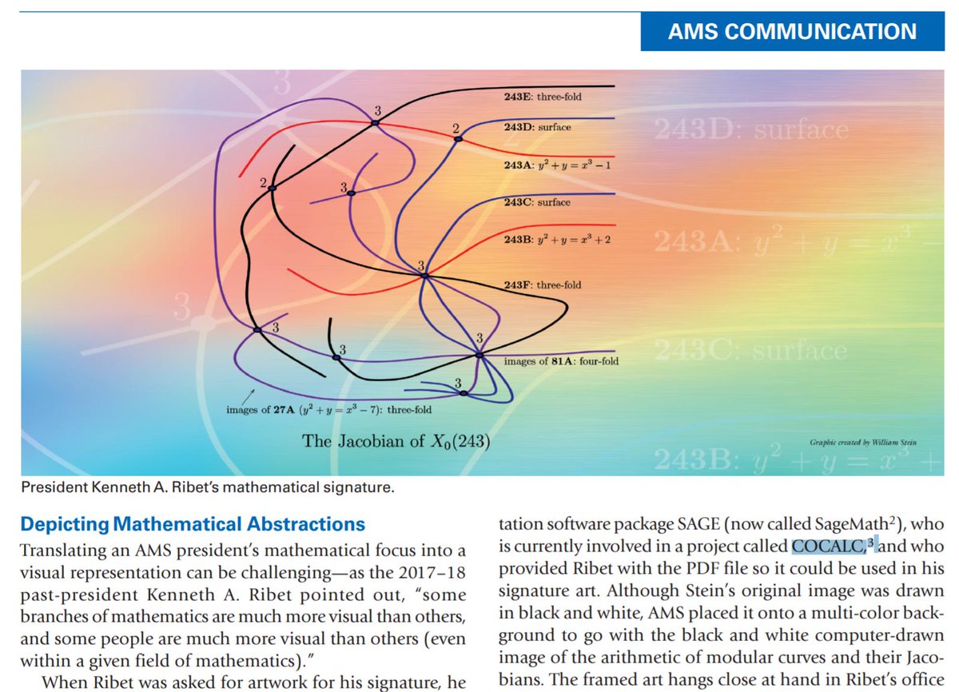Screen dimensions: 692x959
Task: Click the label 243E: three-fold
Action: coord(543,97)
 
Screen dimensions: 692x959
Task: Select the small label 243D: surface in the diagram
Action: coord(537,127)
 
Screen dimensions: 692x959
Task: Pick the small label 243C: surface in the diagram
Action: coord(537,202)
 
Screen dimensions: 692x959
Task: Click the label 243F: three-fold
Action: coord(543,284)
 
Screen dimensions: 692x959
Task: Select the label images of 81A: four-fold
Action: coord(561,361)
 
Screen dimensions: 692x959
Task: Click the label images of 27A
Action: coord(329,410)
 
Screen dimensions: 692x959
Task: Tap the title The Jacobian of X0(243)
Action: coord(396,440)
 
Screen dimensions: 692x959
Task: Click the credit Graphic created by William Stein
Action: coord(863,442)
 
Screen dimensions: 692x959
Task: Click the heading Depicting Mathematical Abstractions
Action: coord(193,525)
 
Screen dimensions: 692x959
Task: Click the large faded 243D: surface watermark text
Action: coord(751,129)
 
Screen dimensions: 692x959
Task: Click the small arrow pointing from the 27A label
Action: coord(249,394)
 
